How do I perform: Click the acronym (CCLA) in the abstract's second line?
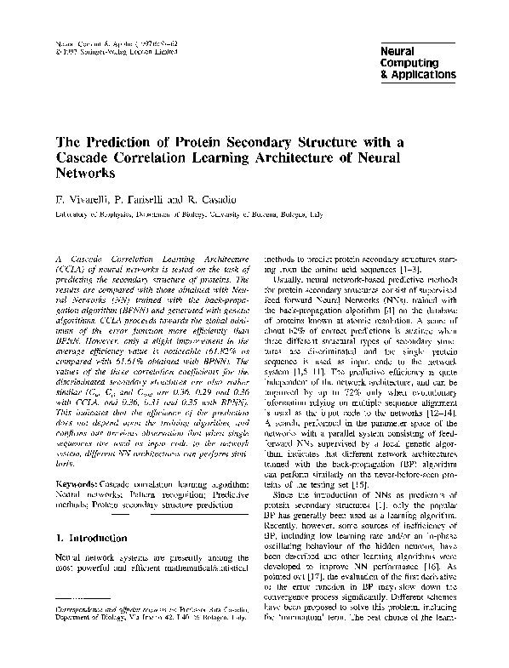pos(71,267)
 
